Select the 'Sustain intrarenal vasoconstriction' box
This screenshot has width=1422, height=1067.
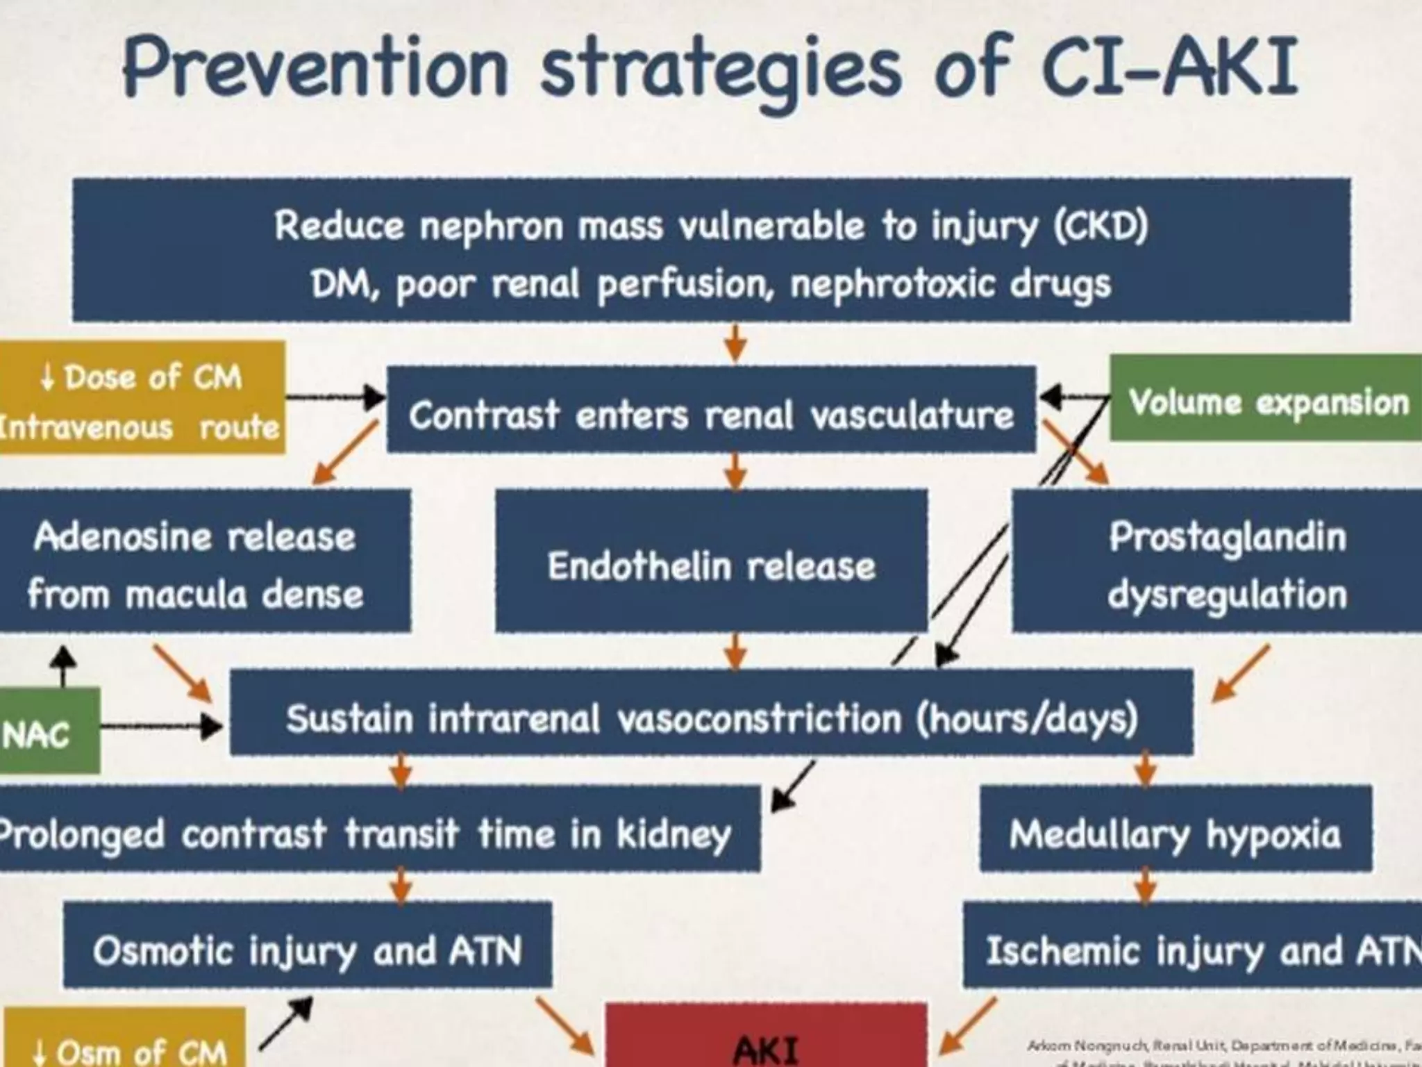711,716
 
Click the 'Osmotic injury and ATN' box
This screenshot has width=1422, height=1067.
307,949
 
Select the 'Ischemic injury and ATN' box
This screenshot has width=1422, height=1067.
1194,949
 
